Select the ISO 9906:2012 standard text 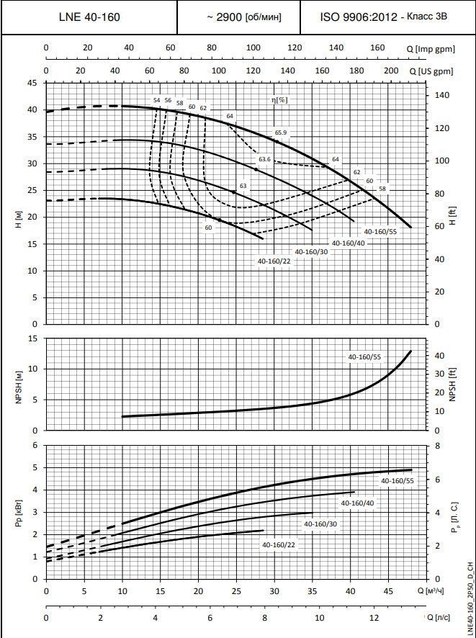[359, 16]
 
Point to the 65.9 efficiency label [281, 132]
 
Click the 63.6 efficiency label [264, 159]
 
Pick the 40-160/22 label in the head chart [274, 260]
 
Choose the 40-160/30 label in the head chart [311, 251]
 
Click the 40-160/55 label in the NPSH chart [364, 356]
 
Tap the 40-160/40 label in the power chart [358, 503]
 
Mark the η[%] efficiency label [279, 100]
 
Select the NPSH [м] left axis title [17, 384]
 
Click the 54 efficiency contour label [157, 100]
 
